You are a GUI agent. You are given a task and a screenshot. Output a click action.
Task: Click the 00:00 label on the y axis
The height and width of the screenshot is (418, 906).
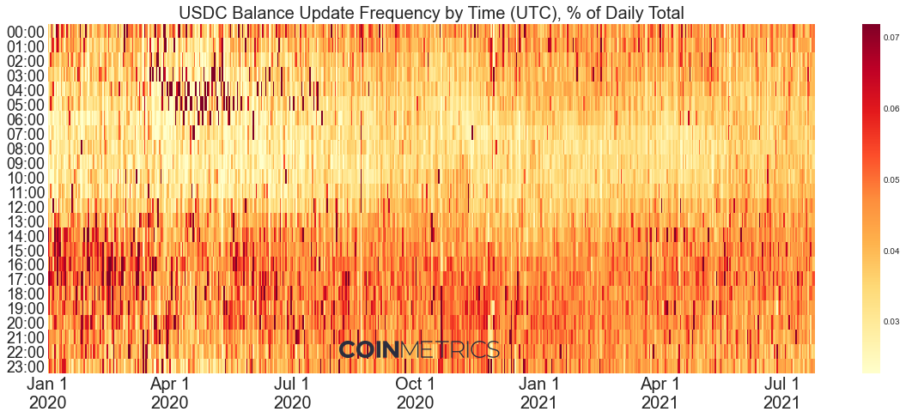[25, 32]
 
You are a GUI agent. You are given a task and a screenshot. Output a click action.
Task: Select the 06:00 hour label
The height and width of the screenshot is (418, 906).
[25, 119]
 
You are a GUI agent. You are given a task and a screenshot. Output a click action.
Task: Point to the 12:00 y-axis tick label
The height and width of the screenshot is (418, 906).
[25, 207]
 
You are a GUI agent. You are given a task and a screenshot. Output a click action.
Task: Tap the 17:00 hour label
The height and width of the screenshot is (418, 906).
[25, 280]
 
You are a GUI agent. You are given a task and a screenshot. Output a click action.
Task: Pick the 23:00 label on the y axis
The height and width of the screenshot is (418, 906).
[25, 367]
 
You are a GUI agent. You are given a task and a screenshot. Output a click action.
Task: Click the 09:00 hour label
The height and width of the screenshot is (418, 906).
[25, 163]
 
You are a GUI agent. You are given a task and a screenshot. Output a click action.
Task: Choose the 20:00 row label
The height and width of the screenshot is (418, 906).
[25, 324]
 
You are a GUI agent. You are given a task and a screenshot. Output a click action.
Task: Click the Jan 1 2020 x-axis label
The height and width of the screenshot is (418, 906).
[48, 392]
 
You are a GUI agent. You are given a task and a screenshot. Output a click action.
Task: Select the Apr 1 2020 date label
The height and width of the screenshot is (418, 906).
[170, 392]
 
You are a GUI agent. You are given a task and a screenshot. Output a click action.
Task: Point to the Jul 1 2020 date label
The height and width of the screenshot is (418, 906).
[292, 392]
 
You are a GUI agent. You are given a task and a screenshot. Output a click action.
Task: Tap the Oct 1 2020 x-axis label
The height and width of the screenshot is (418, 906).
[416, 392]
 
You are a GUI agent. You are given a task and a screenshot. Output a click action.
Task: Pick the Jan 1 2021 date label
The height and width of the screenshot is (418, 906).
[538, 392]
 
